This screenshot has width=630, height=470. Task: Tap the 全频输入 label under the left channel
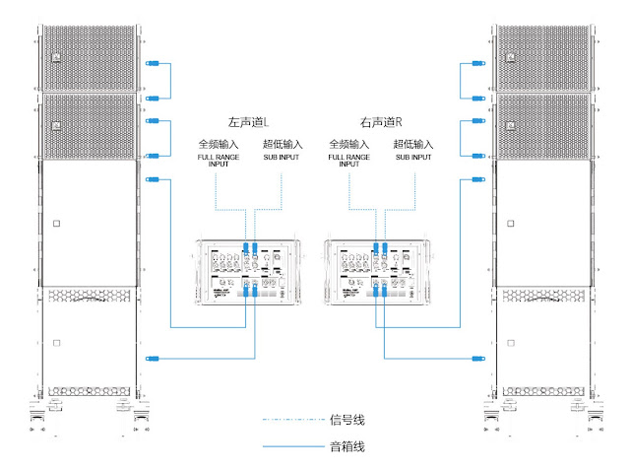click(x=214, y=145)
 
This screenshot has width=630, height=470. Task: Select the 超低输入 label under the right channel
click(x=413, y=145)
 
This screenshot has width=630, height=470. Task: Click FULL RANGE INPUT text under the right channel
click(x=349, y=161)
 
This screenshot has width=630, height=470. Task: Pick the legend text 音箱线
click(x=346, y=447)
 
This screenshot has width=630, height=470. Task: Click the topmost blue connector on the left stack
click(x=152, y=64)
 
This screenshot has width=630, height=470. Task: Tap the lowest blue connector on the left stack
click(x=152, y=358)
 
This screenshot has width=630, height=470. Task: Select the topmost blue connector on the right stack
click(x=477, y=64)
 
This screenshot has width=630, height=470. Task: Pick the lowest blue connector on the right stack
click(x=477, y=358)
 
